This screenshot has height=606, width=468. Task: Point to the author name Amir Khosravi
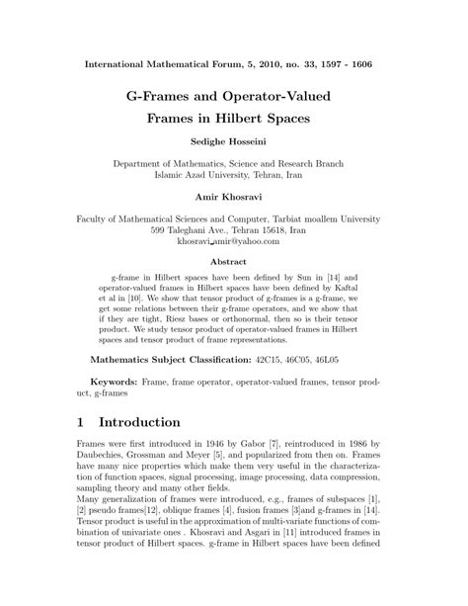coord(234,197)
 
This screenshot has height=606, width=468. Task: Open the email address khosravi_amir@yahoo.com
coord(234,240)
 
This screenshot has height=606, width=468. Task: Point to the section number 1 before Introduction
coord(79,450)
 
